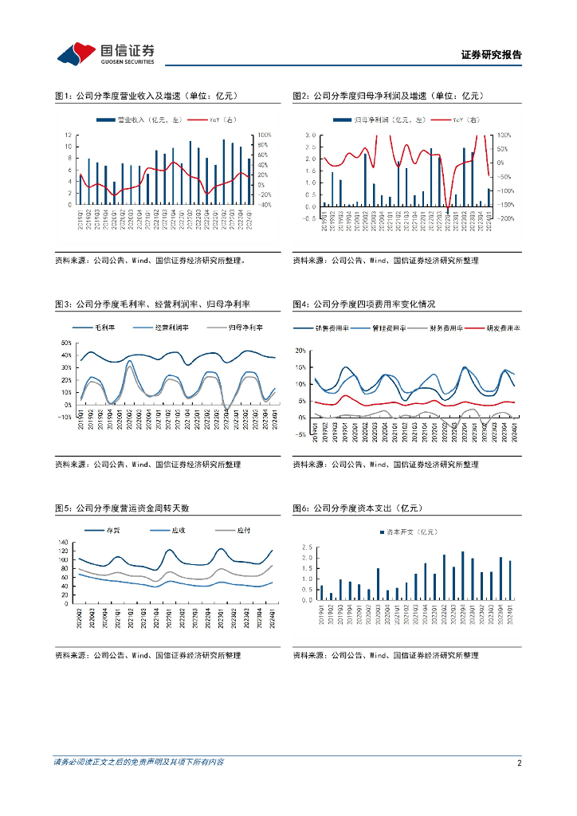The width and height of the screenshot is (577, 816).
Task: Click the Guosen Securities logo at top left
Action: point(105,53)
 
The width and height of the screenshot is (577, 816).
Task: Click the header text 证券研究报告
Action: point(491,56)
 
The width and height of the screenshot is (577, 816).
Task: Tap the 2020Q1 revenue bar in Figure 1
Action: point(114,194)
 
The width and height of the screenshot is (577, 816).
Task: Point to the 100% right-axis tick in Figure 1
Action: point(265,135)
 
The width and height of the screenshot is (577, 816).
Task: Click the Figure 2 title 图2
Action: point(300,96)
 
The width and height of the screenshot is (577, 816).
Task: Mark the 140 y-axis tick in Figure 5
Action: point(65,542)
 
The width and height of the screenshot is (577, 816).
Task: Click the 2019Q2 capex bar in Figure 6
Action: point(331,596)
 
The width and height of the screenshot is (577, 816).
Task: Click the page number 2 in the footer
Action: point(519,763)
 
